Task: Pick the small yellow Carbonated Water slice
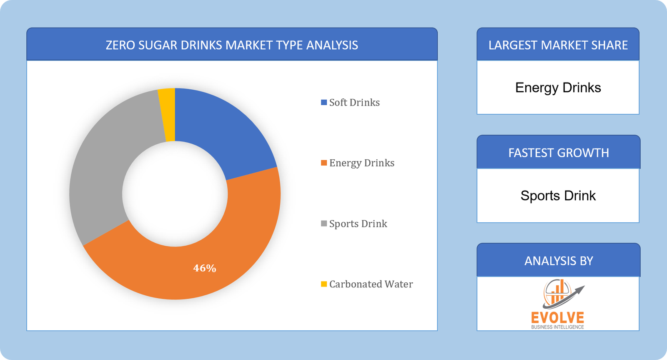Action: pyautogui.click(x=167, y=115)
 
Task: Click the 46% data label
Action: pyautogui.click(x=205, y=268)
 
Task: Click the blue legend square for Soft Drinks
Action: pyautogui.click(x=324, y=103)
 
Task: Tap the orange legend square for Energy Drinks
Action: pyautogui.click(x=324, y=163)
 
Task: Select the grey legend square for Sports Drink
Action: pyautogui.click(x=324, y=224)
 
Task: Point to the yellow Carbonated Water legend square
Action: pyautogui.click(x=324, y=284)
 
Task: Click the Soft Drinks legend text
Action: pyautogui.click(x=354, y=103)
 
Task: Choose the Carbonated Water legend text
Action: pyautogui.click(x=371, y=284)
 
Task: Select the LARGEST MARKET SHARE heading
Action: pyautogui.click(x=558, y=45)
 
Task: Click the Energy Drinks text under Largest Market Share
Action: pyautogui.click(x=558, y=88)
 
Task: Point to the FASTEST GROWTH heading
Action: pyautogui.click(x=558, y=153)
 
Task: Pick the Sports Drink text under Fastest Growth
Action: pyautogui.click(x=558, y=196)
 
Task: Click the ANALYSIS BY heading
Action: pyautogui.click(x=558, y=261)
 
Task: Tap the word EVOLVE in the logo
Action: pyautogui.click(x=557, y=317)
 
